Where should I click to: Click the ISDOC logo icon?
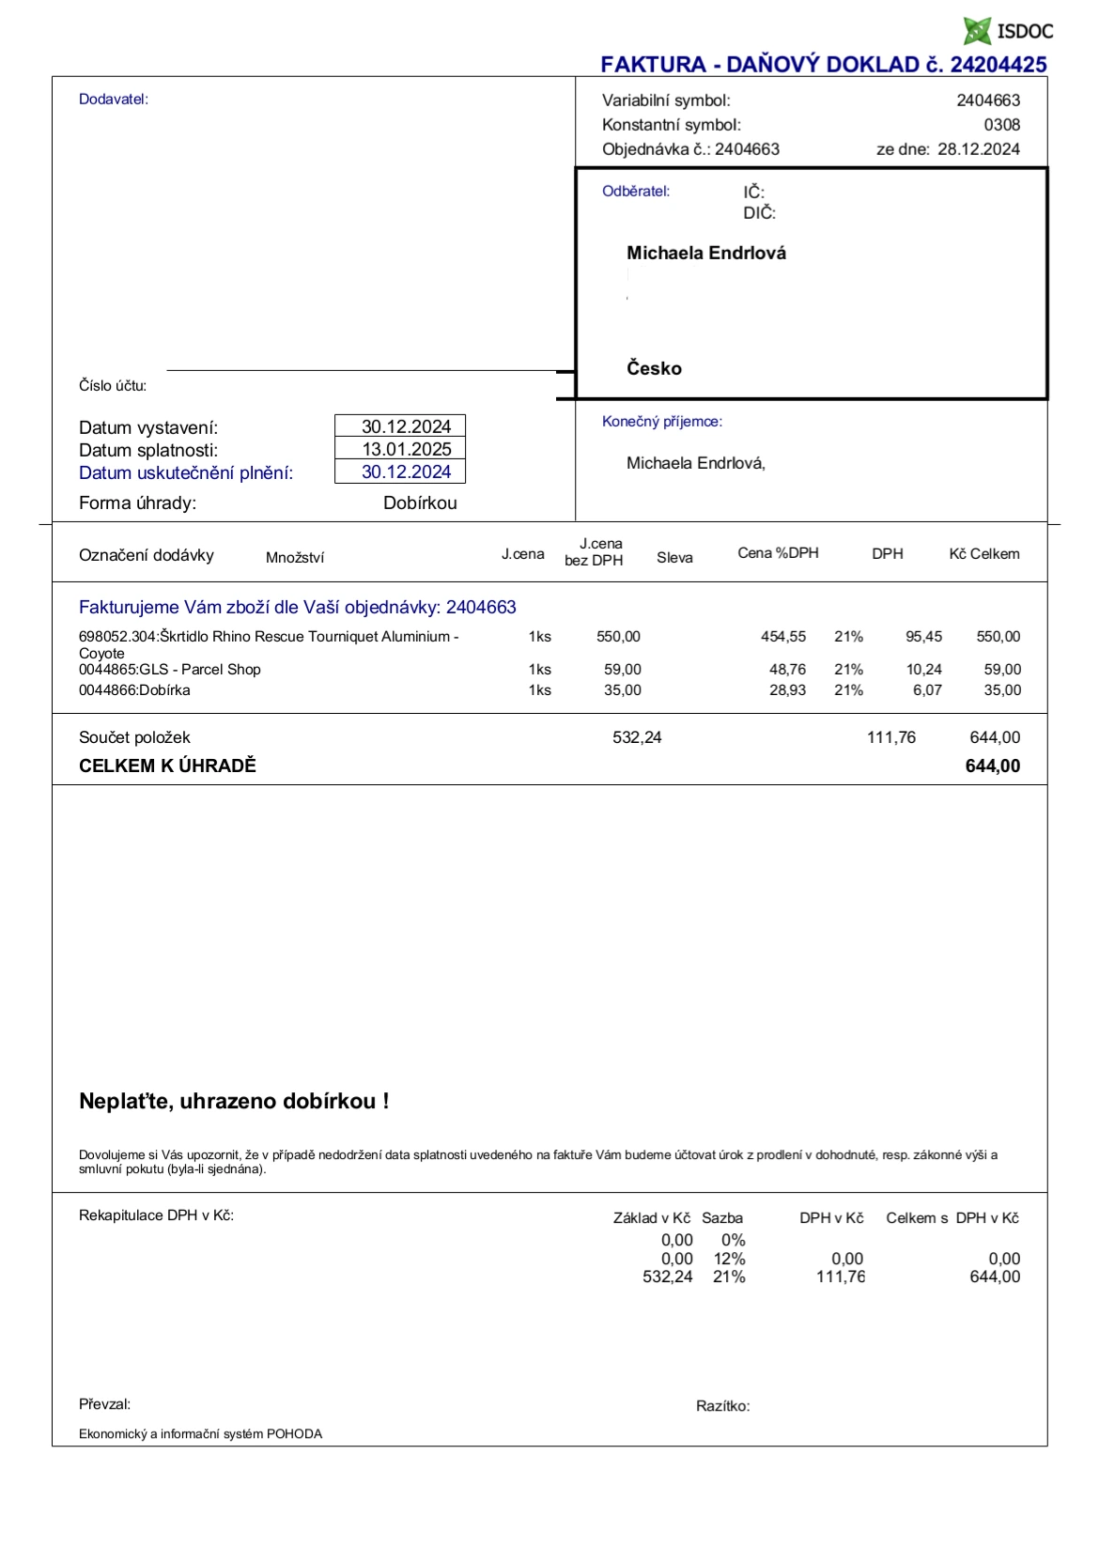pos(977,31)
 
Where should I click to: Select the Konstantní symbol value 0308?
pos(1001,125)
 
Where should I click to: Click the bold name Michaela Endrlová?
pos(706,254)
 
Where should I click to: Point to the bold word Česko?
pos(654,369)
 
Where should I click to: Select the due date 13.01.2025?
pos(407,450)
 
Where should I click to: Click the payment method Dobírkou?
pos(420,503)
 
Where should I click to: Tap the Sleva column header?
pos(674,558)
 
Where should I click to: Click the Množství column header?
pos(294,558)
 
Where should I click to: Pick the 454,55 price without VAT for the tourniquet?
pos(783,637)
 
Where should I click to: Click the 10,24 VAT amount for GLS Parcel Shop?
pos(923,670)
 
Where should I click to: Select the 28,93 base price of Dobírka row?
pos(787,690)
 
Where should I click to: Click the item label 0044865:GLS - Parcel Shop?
pos(169,670)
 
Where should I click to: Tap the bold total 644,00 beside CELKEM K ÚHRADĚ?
pos(992,766)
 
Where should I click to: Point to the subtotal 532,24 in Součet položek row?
pos(637,738)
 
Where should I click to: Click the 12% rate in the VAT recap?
pos(729,1260)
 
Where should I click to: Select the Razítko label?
pos(722,1407)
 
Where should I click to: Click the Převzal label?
pos(104,1405)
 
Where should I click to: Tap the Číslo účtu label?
pos(112,386)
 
